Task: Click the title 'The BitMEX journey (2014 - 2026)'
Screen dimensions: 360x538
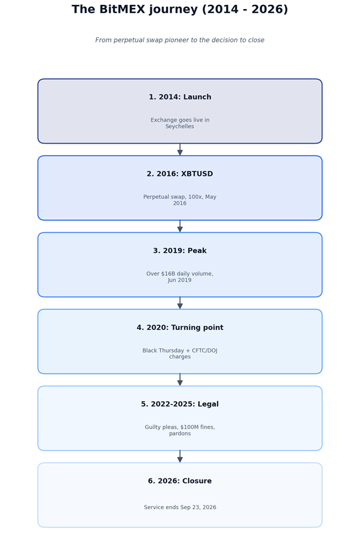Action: point(180,9)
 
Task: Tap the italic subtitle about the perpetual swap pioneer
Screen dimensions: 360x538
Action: point(180,40)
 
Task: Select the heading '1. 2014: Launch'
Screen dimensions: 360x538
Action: point(180,97)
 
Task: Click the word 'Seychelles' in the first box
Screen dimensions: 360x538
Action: point(180,127)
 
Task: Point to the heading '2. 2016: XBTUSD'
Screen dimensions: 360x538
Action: point(180,174)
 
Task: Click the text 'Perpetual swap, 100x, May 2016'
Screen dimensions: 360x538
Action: point(180,200)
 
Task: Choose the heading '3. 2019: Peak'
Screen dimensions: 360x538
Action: point(180,251)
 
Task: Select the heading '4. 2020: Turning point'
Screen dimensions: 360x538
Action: point(180,328)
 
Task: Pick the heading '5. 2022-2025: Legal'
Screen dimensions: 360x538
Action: point(180,404)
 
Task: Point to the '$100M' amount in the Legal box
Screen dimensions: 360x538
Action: point(189,427)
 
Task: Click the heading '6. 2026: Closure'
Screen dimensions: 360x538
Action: point(180,481)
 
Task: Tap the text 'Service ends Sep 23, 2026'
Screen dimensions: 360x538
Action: point(180,507)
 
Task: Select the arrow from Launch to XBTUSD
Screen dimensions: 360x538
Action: point(180,150)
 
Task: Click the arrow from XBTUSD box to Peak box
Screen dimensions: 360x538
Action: point(180,227)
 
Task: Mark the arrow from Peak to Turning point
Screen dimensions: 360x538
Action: point(180,303)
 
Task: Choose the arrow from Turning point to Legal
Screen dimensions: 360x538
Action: point(180,380)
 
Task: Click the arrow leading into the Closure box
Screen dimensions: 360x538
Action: point(180,457)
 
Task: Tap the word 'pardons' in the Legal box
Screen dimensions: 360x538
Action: point(180,434)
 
